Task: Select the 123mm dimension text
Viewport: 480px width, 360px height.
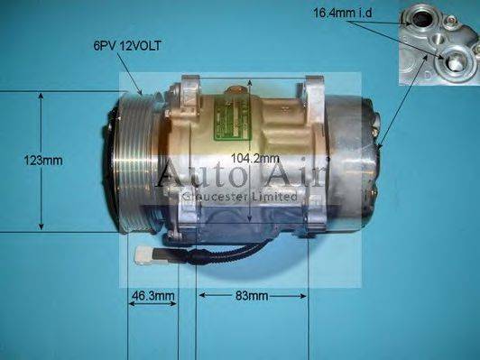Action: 44,161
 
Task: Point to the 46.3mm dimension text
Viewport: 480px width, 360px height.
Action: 152,296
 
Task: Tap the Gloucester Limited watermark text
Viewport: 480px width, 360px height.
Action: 239,196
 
